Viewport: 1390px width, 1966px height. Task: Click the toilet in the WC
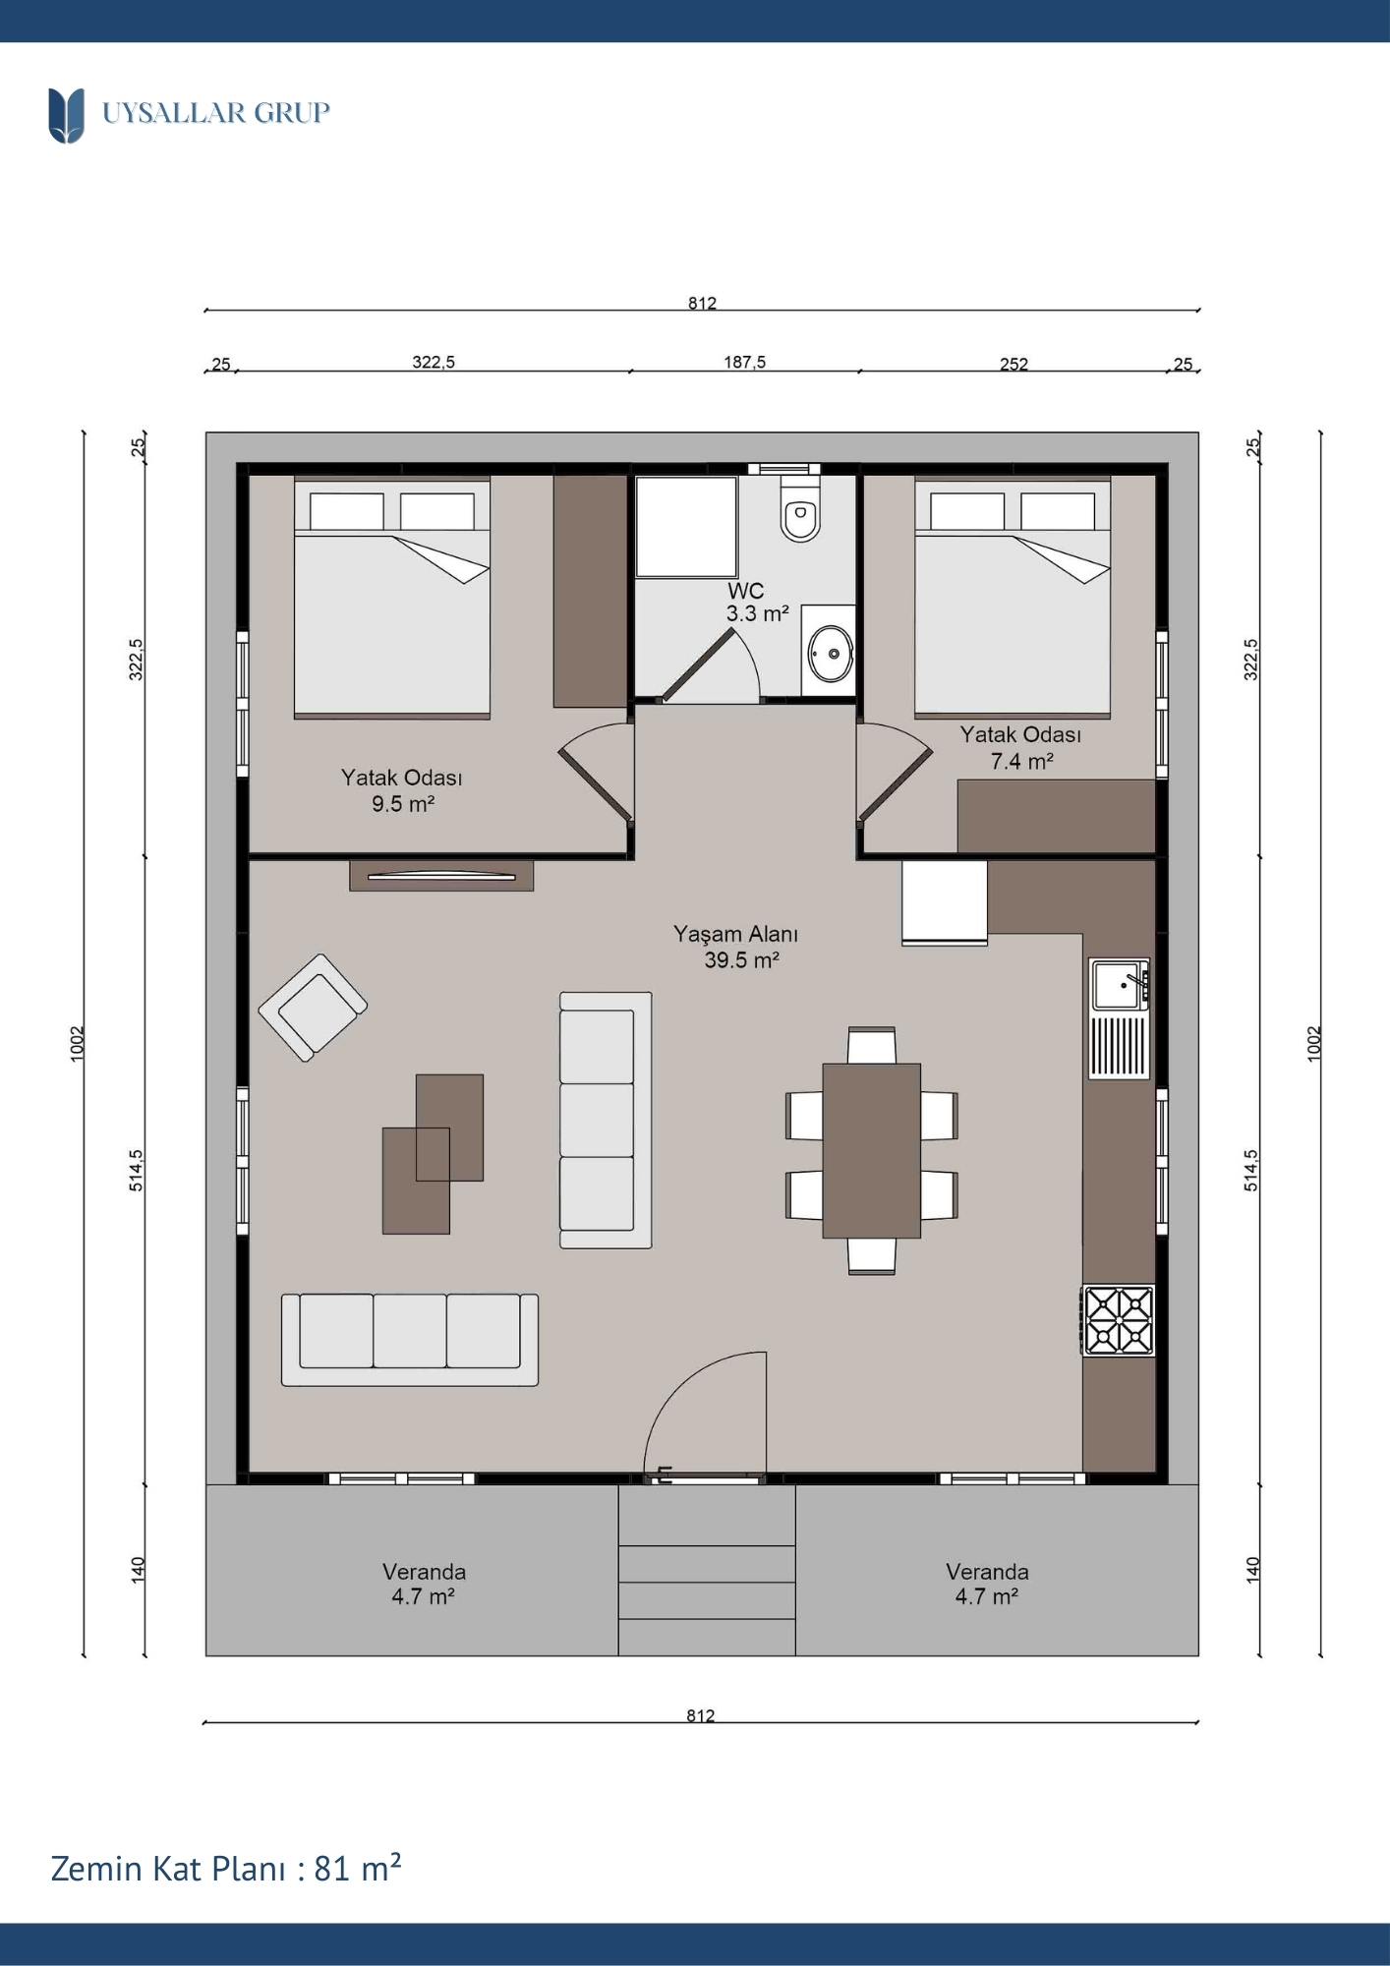coord(800,508)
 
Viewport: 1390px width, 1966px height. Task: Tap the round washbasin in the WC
coord(831,653)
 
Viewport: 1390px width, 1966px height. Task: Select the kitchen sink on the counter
coord(1119,984)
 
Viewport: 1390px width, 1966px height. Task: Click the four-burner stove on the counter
coord(1119,1320)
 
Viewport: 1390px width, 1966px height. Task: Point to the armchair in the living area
coord(313,1008)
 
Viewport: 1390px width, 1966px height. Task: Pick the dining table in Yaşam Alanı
coord(871,1150)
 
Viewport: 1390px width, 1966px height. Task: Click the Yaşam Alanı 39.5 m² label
coord(736,947)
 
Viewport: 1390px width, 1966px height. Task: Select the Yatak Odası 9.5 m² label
coord(402,790)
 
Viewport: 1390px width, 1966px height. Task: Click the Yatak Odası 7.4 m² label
coord(1021,748)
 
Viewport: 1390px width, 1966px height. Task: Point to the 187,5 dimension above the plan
coord(744,362)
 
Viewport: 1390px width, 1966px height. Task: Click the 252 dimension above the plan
coord(1014,364)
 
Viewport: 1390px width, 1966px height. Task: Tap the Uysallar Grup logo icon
coord(66,115)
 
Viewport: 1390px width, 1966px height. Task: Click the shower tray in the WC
coord(686,527)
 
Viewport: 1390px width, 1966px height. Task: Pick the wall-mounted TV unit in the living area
coord(441,876)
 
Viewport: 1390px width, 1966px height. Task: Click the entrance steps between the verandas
coord(707,1570)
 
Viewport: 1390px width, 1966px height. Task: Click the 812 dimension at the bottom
coord(701,1715)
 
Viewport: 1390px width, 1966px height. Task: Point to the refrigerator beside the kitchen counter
coord(945,903)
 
